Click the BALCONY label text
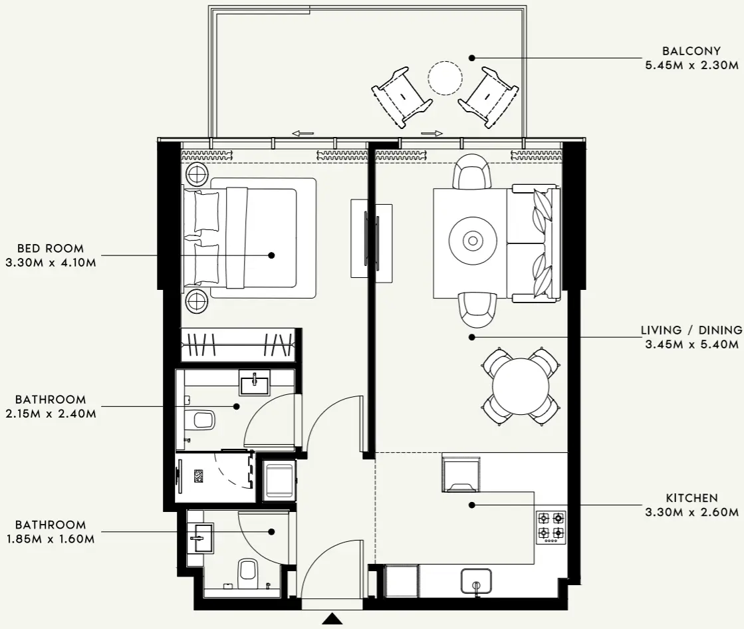pos(691,51)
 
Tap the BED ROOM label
pos(51,249)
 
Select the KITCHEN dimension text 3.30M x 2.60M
pos(691,512)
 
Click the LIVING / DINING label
pos(691,330)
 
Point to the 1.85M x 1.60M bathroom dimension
pos(51,539)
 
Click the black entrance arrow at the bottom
pos(332,620)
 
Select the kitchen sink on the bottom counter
pos(476,580)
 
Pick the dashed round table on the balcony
pos(445,78)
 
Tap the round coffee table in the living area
pos(472,241)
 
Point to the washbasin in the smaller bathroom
pos(201,537)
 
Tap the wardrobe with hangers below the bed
pos(237,344)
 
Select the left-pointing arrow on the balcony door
pos(303,134)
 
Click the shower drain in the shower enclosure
pos(198,476)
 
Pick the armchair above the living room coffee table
pos(472,172)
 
